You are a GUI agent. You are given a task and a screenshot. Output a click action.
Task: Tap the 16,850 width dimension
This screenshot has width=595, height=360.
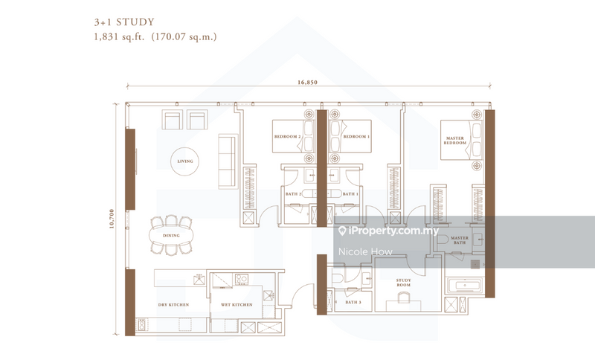click(x=306, y=83)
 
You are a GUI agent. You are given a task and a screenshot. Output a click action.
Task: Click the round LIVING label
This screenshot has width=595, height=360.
click(x=185, y=161)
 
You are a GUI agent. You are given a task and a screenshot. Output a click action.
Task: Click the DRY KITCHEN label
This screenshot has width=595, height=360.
click(x=173, y=305)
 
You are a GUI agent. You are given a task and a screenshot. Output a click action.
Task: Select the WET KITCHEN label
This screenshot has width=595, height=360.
click(x=237, y=305)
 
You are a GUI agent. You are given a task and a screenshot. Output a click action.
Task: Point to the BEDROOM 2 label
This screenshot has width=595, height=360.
click(x=287, y=137)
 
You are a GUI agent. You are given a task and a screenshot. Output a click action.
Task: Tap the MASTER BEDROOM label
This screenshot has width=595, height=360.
click(x=454, y=141)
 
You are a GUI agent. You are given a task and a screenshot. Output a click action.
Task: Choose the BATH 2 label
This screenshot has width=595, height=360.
click(x=293, y=194)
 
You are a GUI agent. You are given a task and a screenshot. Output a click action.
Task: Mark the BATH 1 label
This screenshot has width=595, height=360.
click(x=350, y=194)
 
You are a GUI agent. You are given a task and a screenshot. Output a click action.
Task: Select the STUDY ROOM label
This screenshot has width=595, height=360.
click(x=402, y=283)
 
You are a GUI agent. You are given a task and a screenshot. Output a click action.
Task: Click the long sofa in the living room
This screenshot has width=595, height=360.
click(x=225, y=161)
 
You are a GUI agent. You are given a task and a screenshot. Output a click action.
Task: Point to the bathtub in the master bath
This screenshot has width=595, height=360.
click(x=464, y=286)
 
